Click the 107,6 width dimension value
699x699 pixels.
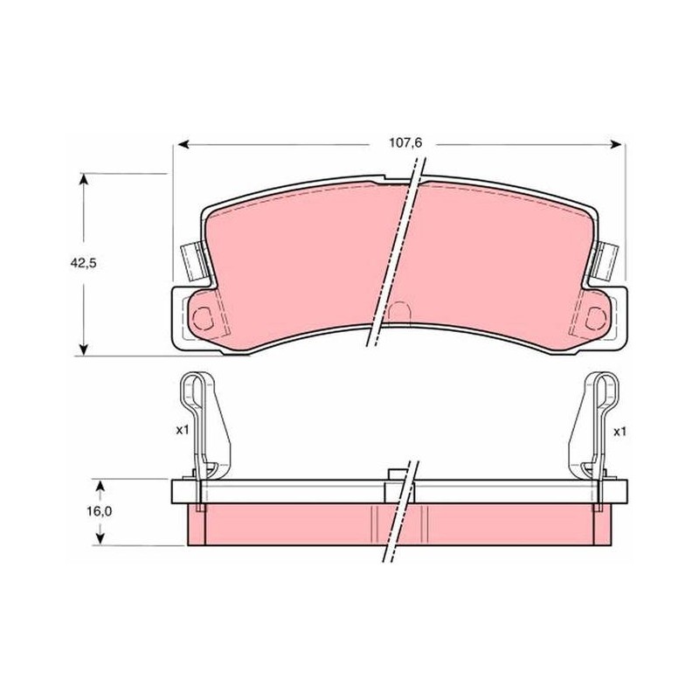(405, 143)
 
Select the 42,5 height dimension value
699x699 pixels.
(83, 263)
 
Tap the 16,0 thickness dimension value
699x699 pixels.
(99, 511)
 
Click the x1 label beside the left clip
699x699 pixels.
(183, 430)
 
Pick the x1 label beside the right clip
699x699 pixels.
(620, 432)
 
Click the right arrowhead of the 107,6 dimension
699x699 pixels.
(615, 144)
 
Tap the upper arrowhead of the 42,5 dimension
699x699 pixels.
(83, 180)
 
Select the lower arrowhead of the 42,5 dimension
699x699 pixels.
(83, 349)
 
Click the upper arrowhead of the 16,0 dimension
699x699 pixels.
(100, 486)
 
